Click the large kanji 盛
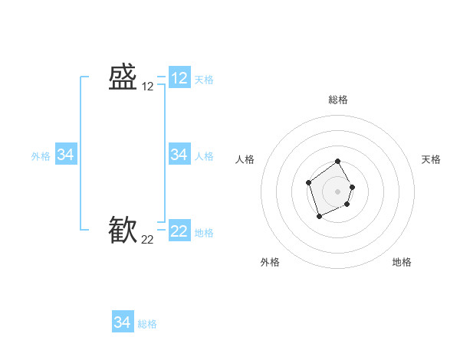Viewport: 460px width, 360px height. (123, 78)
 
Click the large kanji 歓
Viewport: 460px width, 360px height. (123, 231)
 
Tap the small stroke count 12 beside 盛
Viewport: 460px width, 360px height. (148, 87)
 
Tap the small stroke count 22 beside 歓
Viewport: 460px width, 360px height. (148, 240)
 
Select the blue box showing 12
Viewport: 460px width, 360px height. (179, 78)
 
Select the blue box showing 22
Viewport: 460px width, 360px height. (179, 231)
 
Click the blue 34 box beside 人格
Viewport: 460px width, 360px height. (179, 155)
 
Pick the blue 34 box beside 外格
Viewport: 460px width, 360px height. (66, 155)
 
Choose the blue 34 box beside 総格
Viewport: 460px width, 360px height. (123, 322)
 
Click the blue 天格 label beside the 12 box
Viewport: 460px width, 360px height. (204, 80)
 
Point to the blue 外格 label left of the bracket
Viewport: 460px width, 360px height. (41, 156)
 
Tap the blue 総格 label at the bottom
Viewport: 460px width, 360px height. (147, 324)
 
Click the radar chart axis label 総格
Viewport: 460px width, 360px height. (338, 100)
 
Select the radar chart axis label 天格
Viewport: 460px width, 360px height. (431, 159)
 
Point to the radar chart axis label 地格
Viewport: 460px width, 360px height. (402, 262)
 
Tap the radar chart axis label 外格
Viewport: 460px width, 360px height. (270, 262)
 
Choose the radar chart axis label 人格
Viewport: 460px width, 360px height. (245, 159)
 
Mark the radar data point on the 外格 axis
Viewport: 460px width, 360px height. (319, 217)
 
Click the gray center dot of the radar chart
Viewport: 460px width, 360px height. (338, 191)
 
